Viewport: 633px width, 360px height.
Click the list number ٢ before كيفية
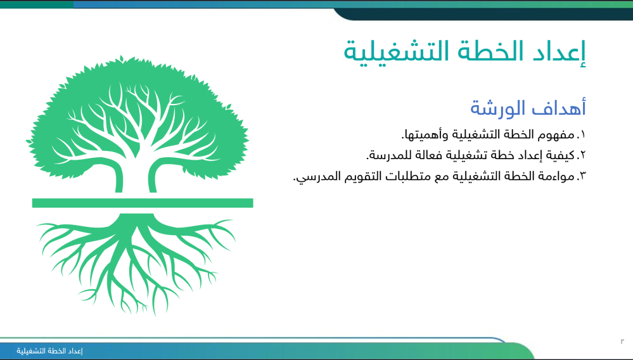(x=582, y=155)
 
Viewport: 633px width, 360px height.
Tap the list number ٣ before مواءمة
(x=582, y=176)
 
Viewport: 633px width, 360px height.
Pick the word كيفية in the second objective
(x=560, y=155)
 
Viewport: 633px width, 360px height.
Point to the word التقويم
(x=362, y=176)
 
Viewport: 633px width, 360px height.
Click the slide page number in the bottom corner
(x=622, y=342)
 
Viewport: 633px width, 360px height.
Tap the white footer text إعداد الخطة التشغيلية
(x=49, y=350)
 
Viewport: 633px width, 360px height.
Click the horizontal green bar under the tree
(x=143, y=203)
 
